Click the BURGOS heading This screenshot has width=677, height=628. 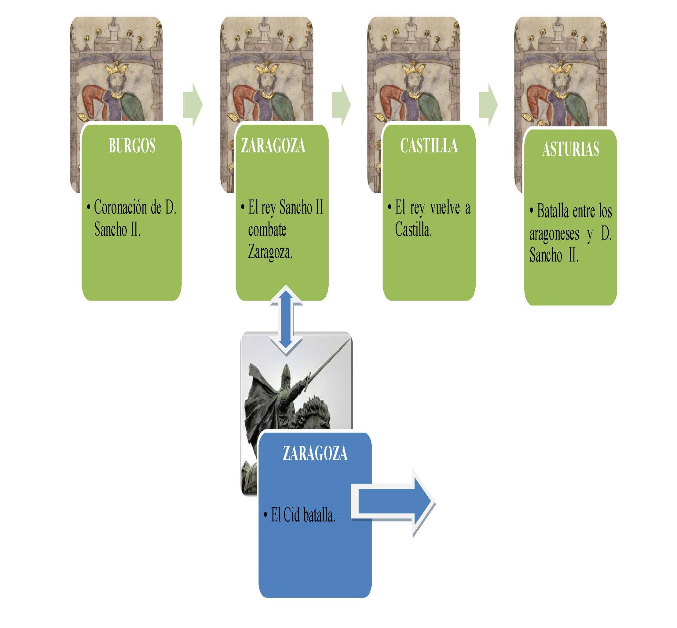[x=132, y=145]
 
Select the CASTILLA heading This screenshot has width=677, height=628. [x=429, y=145]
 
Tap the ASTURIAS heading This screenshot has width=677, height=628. [x=571, y=149]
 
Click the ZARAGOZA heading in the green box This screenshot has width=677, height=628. [x=273, y=145]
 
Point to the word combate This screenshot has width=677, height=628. [x=267, y=230]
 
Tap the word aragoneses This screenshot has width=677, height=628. [x=554, y=234]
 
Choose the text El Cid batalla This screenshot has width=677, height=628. [x=303, y=515]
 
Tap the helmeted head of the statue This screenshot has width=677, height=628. [x=286, y=373]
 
